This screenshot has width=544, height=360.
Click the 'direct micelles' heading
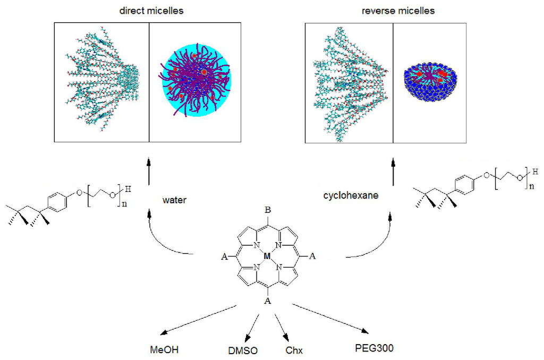(x=150, y=10)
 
